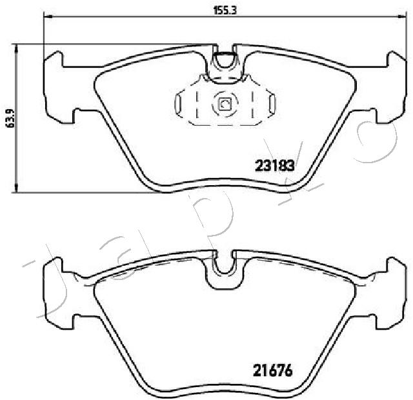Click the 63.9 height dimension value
10,118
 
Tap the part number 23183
274,166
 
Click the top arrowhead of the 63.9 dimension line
17,49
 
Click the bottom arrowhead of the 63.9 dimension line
17,188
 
